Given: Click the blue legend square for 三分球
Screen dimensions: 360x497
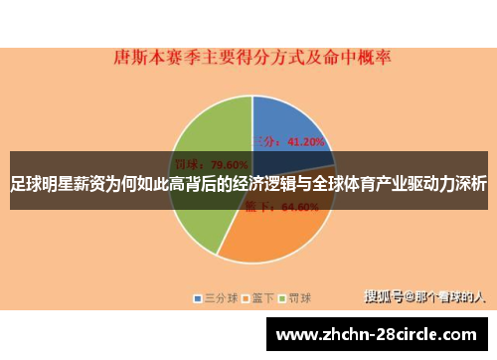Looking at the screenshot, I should [x=198, y=297].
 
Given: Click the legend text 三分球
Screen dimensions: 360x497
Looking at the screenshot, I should [x=219, y=297].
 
